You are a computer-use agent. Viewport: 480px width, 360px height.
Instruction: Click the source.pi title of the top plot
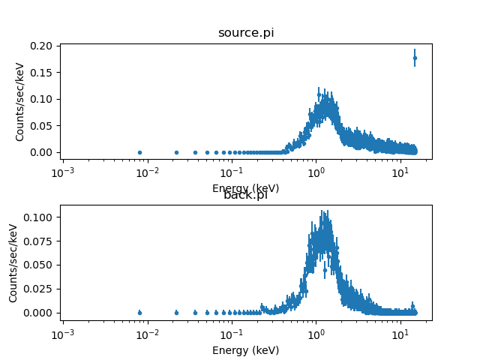click(x=245, y=33)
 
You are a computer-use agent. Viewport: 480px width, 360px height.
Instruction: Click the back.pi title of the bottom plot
click(x=245, y=195)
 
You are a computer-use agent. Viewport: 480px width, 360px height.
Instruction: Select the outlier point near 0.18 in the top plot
click(x=415, y=58)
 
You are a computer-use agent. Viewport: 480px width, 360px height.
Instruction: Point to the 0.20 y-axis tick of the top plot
click(x=43, y=46)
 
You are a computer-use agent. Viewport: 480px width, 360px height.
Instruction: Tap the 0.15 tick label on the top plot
click(x=43, y=73)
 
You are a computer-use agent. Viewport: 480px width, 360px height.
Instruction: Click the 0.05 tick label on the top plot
click(x=43, y=126)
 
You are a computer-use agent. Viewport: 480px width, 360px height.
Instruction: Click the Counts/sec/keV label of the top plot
click(x=21, y=100)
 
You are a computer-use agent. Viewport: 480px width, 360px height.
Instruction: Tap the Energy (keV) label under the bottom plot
click(x=245, y=350)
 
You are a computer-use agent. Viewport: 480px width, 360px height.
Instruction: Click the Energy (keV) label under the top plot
click(x=245, y=188)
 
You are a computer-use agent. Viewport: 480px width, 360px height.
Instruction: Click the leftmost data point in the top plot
click(x=139, y=152)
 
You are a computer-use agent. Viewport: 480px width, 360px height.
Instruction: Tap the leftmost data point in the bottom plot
click(x=139, y=313)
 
